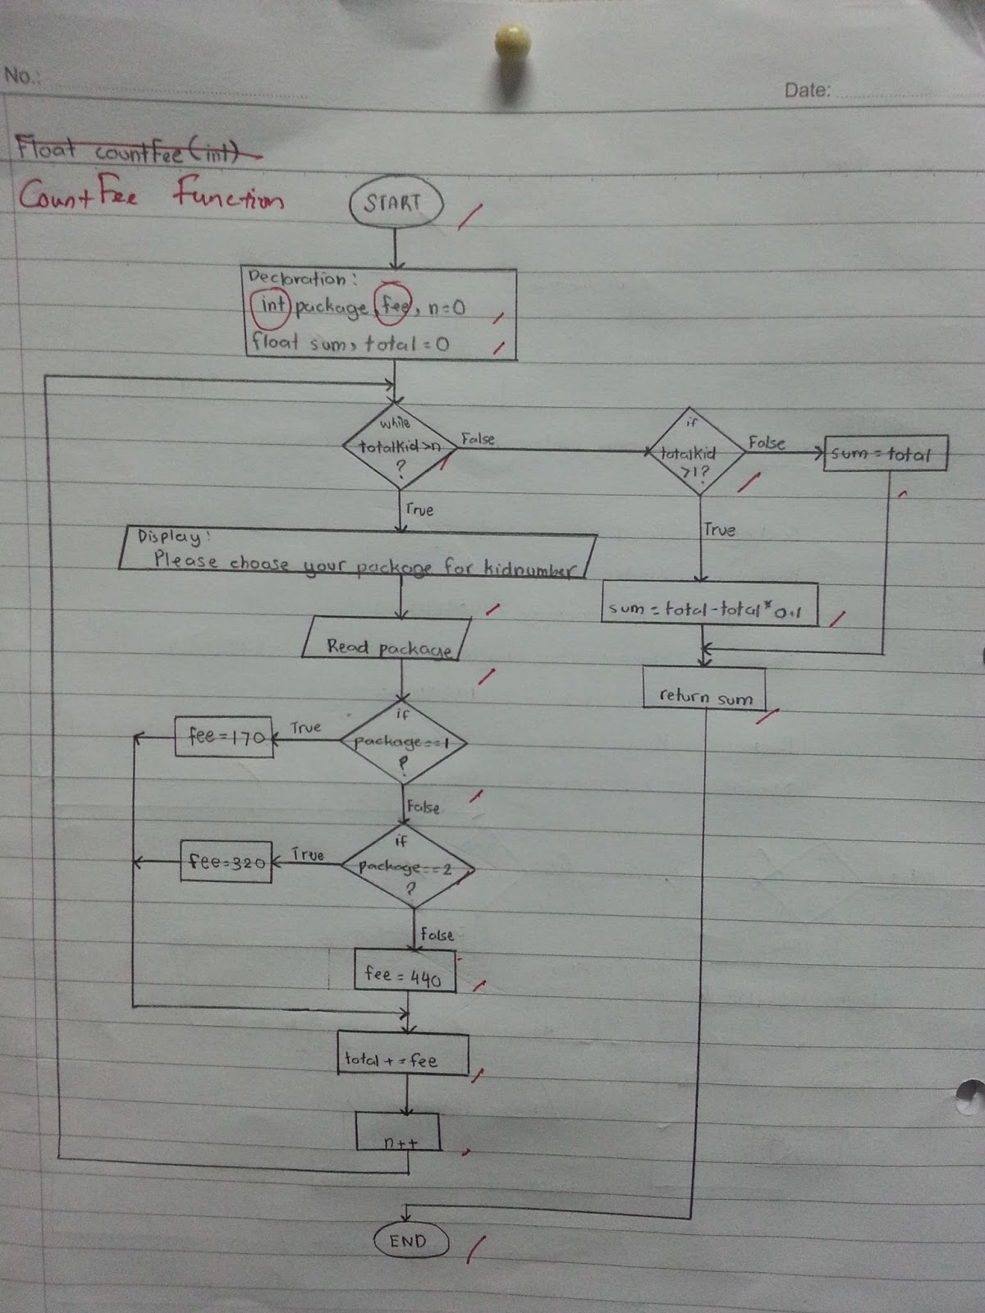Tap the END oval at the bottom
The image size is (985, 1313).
click(410, 1241)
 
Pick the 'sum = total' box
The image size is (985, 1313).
click(885, 453)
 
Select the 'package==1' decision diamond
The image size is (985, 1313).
click(403, 743)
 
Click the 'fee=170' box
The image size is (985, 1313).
click(224, 736)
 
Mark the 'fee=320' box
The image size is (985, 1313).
click(226, 862)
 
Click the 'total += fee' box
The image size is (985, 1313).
click(403, 1055)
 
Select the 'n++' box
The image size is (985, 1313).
click(398, 1132)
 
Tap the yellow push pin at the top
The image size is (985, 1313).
click(512, 42)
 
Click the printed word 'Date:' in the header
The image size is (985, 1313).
click(807, 89)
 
